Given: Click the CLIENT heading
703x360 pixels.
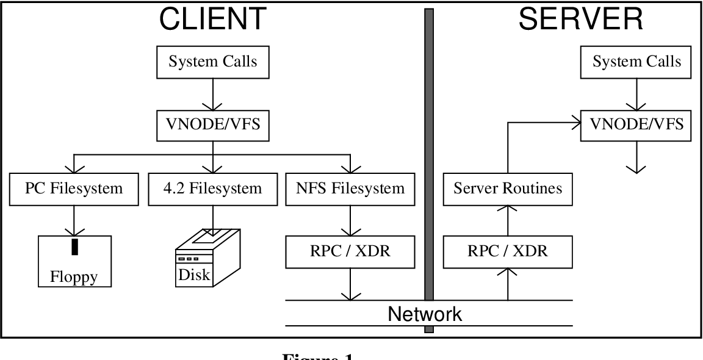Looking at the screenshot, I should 212,19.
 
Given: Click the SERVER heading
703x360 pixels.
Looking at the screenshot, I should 580,19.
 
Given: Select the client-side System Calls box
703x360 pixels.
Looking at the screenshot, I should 212,62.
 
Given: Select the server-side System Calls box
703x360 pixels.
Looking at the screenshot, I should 636,62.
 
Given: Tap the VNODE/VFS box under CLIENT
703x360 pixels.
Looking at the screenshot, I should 212,125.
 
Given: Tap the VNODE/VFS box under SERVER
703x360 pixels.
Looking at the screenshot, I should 636,125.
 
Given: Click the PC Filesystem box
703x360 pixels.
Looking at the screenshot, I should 73,188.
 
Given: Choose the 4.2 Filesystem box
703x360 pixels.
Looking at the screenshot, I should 212,188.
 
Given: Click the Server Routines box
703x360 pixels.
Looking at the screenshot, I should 508,188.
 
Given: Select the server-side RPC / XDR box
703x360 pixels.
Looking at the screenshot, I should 508,251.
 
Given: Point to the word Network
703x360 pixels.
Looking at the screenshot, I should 425,314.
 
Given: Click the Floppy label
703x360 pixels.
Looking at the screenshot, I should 74,277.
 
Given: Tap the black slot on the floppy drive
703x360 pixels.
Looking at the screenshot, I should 74,247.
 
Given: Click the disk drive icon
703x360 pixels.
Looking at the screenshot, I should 207,256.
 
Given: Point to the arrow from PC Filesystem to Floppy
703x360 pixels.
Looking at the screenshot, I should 74,220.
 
